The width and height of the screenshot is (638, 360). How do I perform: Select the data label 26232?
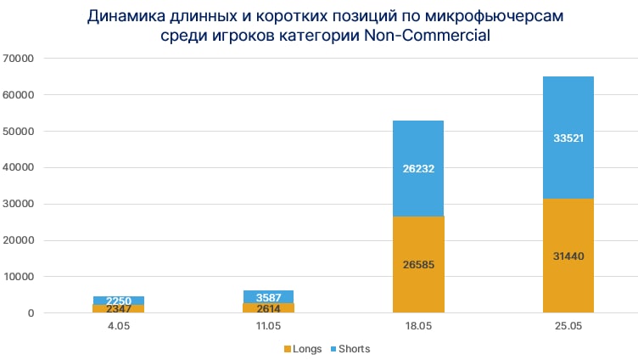point(418,168)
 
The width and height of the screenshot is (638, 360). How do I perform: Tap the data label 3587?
point(268,297)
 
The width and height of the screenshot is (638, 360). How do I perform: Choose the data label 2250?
point(119,301)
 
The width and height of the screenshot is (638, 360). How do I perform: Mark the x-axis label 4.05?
point(119,326)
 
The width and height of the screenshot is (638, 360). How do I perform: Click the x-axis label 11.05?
point(268,326)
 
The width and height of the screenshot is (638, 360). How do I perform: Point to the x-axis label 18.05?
point(418,326)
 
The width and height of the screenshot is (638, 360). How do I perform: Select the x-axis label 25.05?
point(568,326)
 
